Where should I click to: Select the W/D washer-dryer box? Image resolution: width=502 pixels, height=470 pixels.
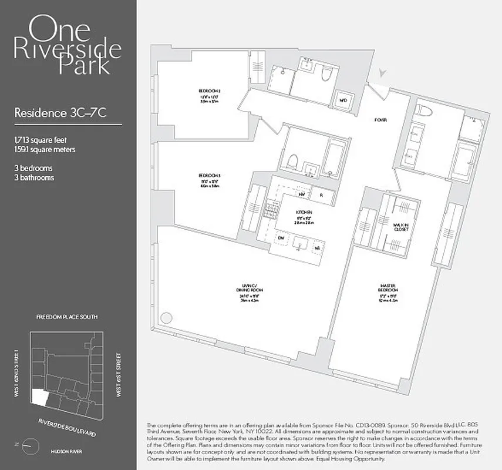(x=343, y=100)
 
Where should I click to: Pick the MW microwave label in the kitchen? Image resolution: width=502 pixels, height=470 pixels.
(x=302, y=194)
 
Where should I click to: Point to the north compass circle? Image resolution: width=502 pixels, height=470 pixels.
(x=28, y=447)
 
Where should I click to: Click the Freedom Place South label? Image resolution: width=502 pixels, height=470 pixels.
(x=67, y=317)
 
